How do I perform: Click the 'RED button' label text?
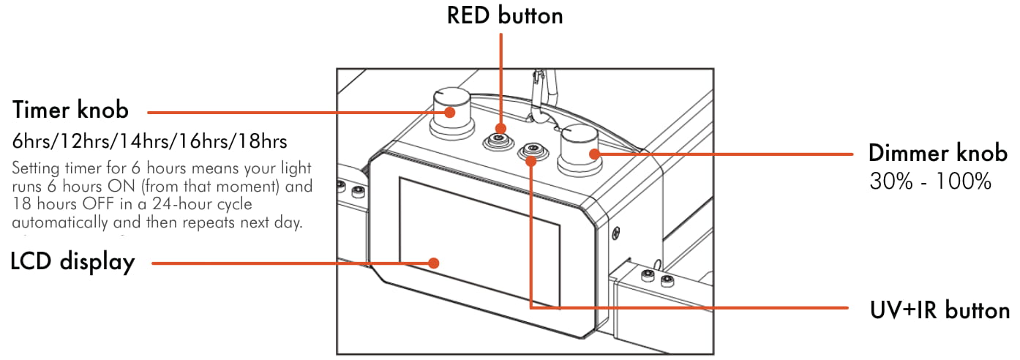(505, 15)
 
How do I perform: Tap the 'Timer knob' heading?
(70, 110)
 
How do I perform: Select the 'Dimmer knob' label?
(937, 154)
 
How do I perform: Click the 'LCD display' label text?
(72, 262)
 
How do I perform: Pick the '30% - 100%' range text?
(930, 181)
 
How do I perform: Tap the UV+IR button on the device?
(530, 152)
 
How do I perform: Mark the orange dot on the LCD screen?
(434, 262)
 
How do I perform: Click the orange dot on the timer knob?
(451, 111)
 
